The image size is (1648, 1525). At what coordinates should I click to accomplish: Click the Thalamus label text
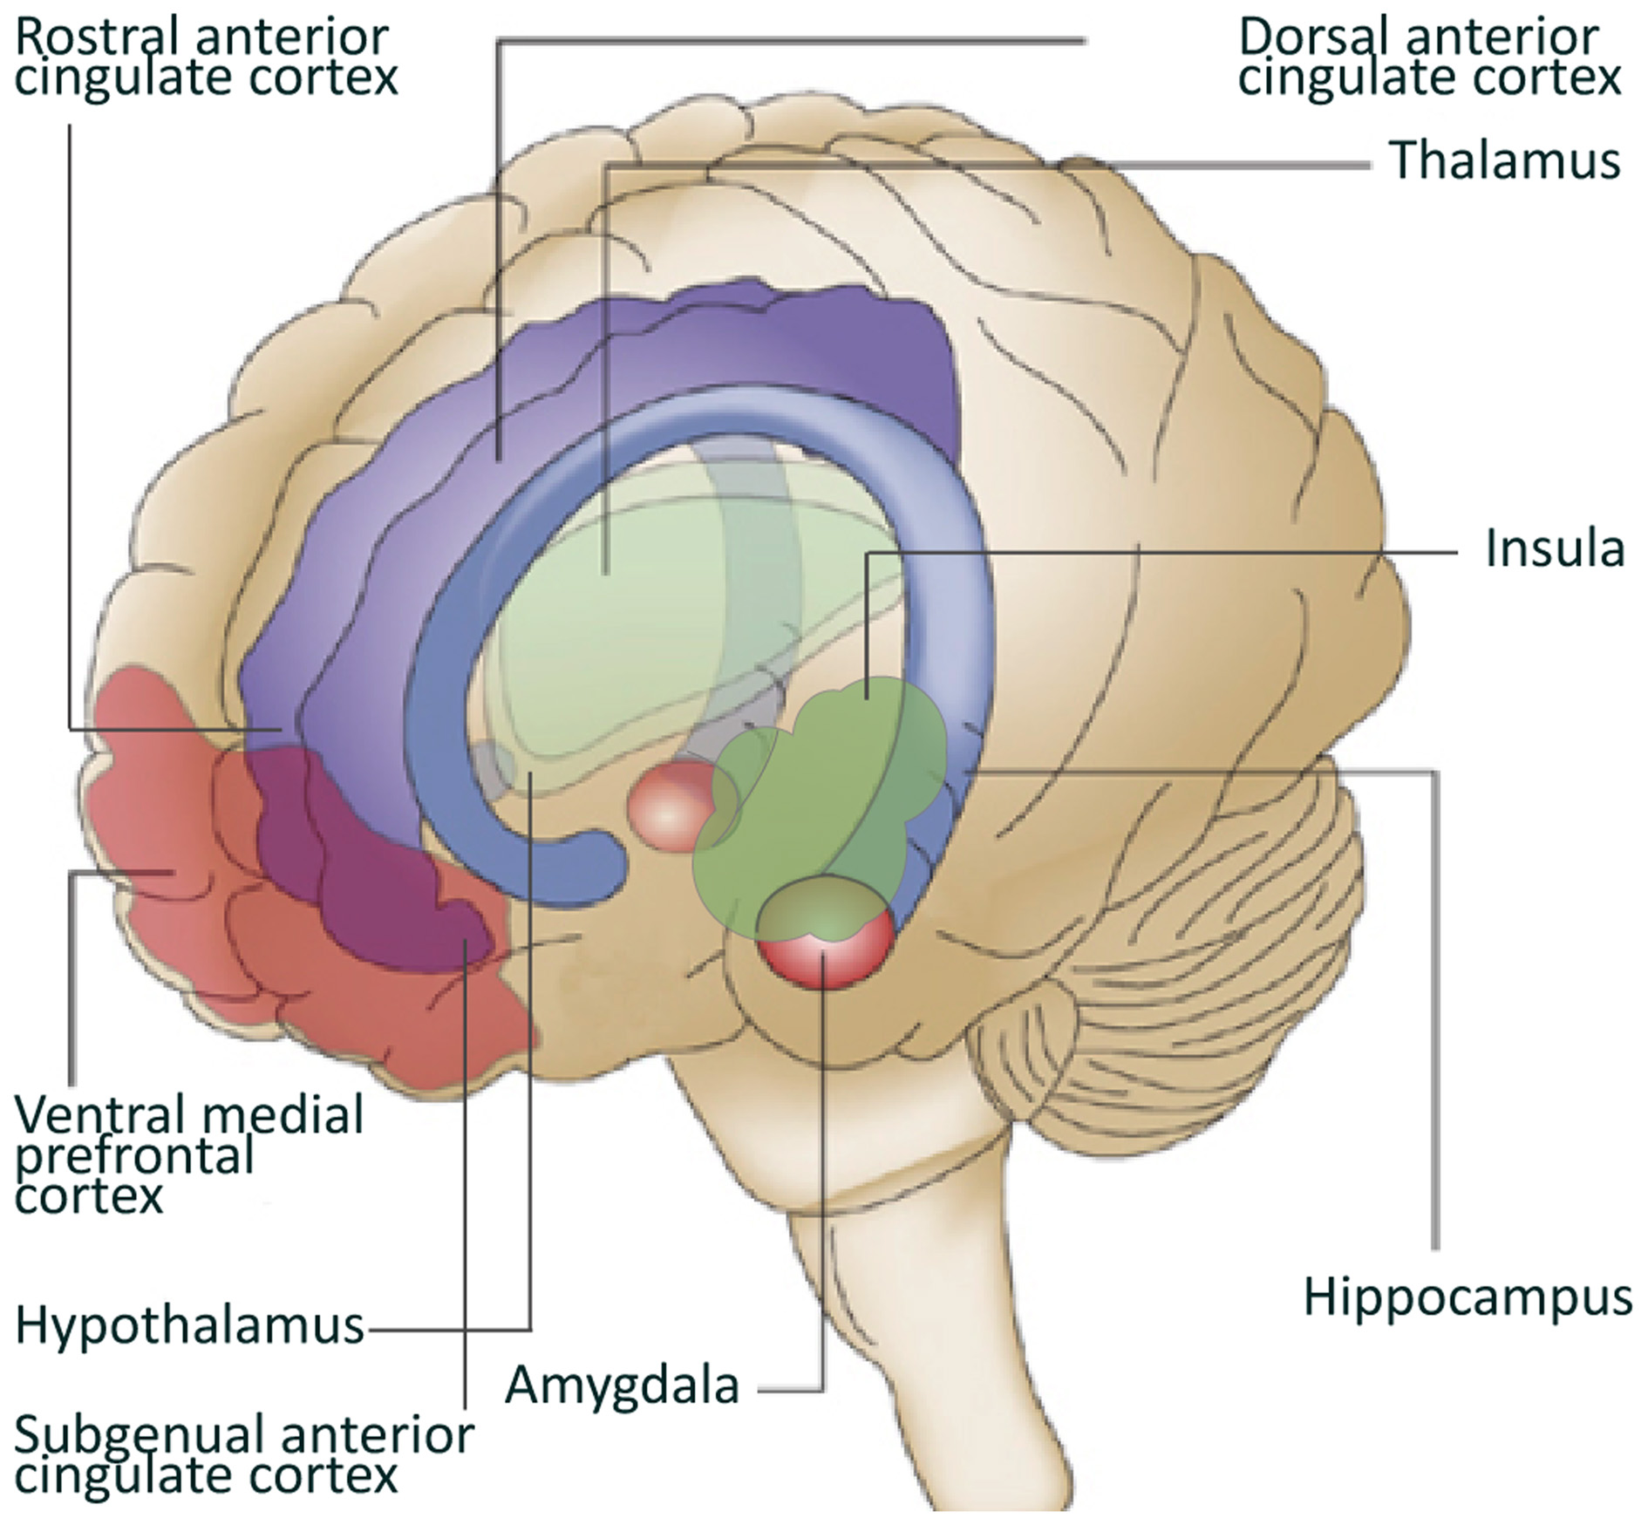1505,160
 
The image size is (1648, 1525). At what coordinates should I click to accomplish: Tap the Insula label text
1555,549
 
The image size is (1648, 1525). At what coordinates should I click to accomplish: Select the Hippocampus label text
1468,1297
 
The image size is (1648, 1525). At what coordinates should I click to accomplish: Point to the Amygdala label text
623,1385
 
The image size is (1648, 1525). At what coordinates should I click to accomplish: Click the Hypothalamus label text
189,1326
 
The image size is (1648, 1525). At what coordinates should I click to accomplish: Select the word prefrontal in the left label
135,1155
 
